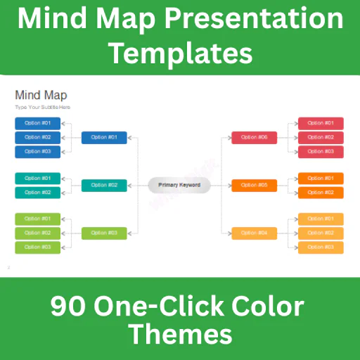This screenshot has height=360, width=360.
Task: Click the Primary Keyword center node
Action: point(179,186)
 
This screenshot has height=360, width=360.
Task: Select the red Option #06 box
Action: point(254,137)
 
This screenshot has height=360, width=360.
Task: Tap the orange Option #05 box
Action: point(254,186)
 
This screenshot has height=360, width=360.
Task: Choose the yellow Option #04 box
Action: point(254,233)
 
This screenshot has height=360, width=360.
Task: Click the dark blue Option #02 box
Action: point(38,137)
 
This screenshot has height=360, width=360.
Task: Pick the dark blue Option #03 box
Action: point(38,151)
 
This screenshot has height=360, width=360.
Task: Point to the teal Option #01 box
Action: point(38,179)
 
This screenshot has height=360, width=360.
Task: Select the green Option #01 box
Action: point(38,219)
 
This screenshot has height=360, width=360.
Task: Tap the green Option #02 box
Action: point(38,233)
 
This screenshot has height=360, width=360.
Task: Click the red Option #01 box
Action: point(321,123)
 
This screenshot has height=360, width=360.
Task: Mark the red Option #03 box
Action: point(321,151)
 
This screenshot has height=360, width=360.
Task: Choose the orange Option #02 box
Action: point(321,193)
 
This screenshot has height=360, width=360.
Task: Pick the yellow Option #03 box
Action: point(321,247)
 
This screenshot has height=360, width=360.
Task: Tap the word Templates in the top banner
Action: point(179,52)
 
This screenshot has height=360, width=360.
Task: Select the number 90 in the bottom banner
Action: point(67,307)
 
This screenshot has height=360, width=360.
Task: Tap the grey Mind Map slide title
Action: point(41,95)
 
